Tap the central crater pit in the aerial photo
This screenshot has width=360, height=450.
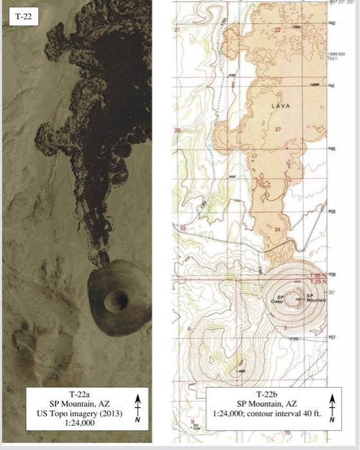point(118,298)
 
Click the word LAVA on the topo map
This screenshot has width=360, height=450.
point(281,105)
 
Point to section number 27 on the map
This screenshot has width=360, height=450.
point(278,129)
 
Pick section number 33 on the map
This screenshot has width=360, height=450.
point(182,228)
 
